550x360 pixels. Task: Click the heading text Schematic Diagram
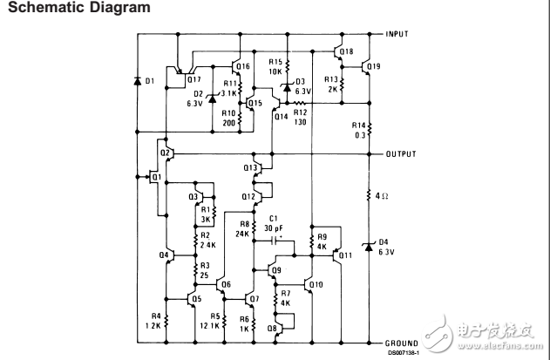point(65,8)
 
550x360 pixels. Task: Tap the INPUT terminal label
point(398,34)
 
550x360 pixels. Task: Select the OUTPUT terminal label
point(401,153)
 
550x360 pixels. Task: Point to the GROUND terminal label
point(402,344)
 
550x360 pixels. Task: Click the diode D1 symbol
point(137,81)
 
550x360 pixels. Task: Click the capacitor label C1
point(273,218)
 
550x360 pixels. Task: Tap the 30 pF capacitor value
point(275,227)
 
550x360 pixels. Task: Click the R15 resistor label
point(275,63)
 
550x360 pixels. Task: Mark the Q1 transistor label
point(156,178)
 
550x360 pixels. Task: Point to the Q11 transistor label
point(345,255)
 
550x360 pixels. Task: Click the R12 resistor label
point(300,112)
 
